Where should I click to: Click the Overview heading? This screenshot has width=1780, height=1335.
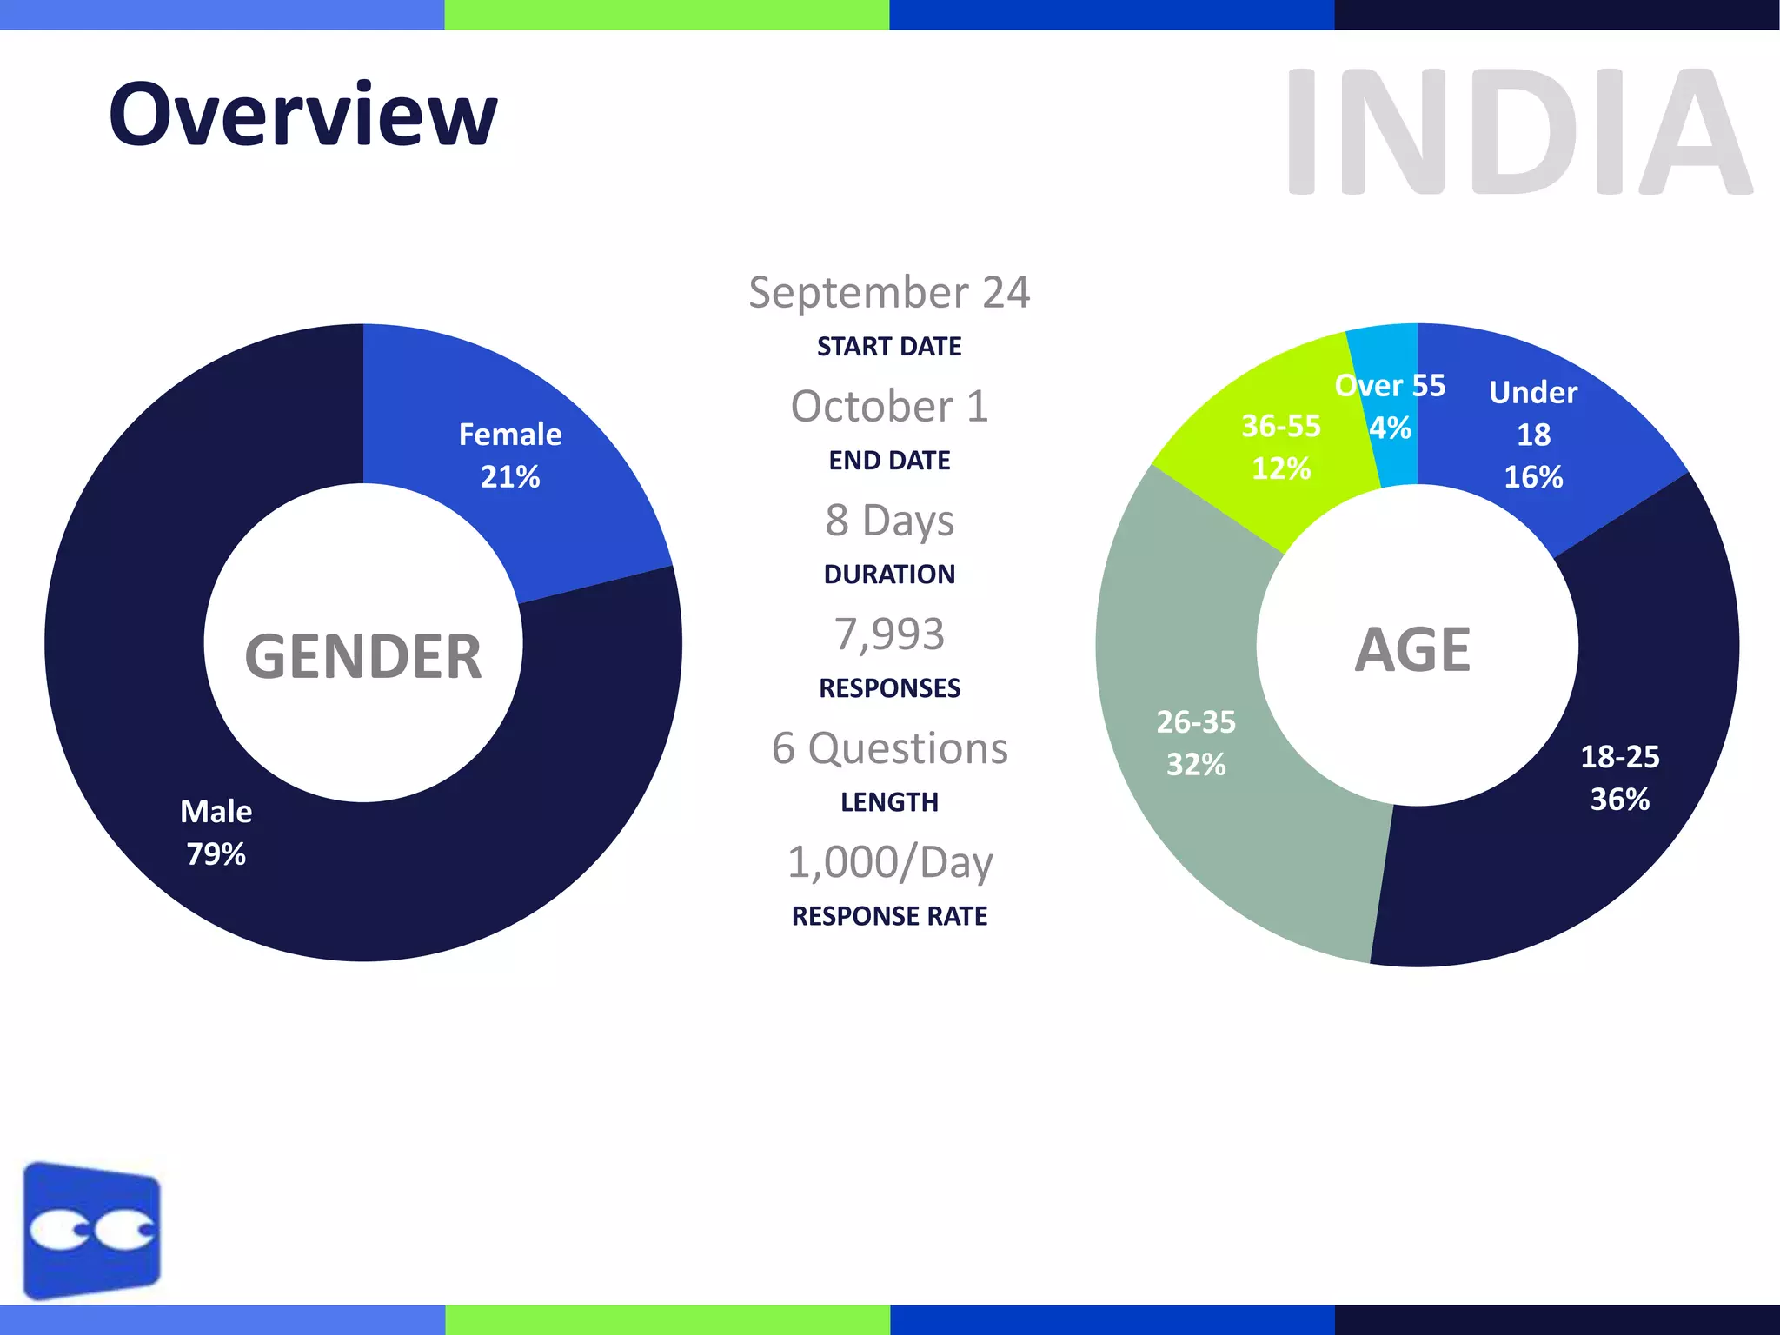pyautogui.click(x=302, y=115)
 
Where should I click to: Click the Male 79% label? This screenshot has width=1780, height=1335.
pyautogui.click(x=216, y=832)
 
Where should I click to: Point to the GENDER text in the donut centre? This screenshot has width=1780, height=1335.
pyautogui.click(x=363, y=656)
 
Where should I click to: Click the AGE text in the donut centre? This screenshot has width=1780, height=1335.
pyautogui.click(x=1412, y=649)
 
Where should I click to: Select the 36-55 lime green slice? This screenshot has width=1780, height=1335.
pyautogui.click(x=1280, y=447)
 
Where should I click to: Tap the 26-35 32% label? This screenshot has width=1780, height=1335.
pyautogui.click(x=1195, y=742)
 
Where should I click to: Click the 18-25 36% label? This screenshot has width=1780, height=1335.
pyautogui.click(x=1619, y=777)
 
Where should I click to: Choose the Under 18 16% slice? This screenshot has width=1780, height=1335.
pyautogui.click(x=1533, y=435)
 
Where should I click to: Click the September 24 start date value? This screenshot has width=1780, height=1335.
pyautogui.click(x=889, y=292)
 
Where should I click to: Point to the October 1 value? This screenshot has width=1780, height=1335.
pyautogui.click(x=889, y=406)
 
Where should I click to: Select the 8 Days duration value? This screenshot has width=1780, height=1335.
pyautogui.click(x=889, y=520)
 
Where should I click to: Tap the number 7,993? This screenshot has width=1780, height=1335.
pyautogui.click(x=889, y=634)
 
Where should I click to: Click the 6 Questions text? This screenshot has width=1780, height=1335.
pyautogui.click(x=889, y=747)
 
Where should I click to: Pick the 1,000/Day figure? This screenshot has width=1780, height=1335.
pyautogui.click(x=889, y=862)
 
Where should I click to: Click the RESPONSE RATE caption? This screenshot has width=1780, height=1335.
pyautogui.click(x=889, y=915)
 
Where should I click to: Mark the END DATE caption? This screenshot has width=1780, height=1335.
pyautogui.click(x=889, y=460)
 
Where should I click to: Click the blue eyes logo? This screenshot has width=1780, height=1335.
pyautogui.click(x=91, y=1230)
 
